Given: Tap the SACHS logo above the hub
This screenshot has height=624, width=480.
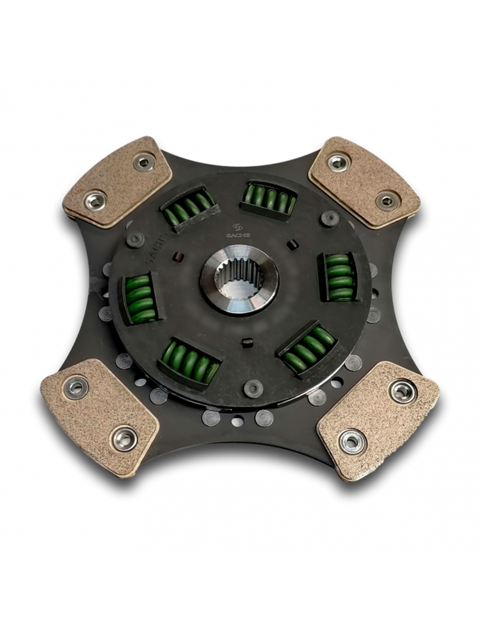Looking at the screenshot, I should [238, 231].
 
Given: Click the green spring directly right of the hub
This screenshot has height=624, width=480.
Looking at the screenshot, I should [339, 276].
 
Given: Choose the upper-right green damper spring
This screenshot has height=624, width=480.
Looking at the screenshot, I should [269, 199].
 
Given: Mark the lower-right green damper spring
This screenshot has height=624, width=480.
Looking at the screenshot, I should [309, 349].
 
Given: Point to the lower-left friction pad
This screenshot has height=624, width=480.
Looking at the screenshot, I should [100, 414].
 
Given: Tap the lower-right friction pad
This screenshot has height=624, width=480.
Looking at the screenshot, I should [377, 417].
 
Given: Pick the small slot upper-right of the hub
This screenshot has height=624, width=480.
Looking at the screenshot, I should [292, 244].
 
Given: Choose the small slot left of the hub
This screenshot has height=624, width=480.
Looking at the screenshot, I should [178, 259].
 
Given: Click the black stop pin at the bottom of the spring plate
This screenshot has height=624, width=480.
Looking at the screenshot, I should [253, 388].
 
